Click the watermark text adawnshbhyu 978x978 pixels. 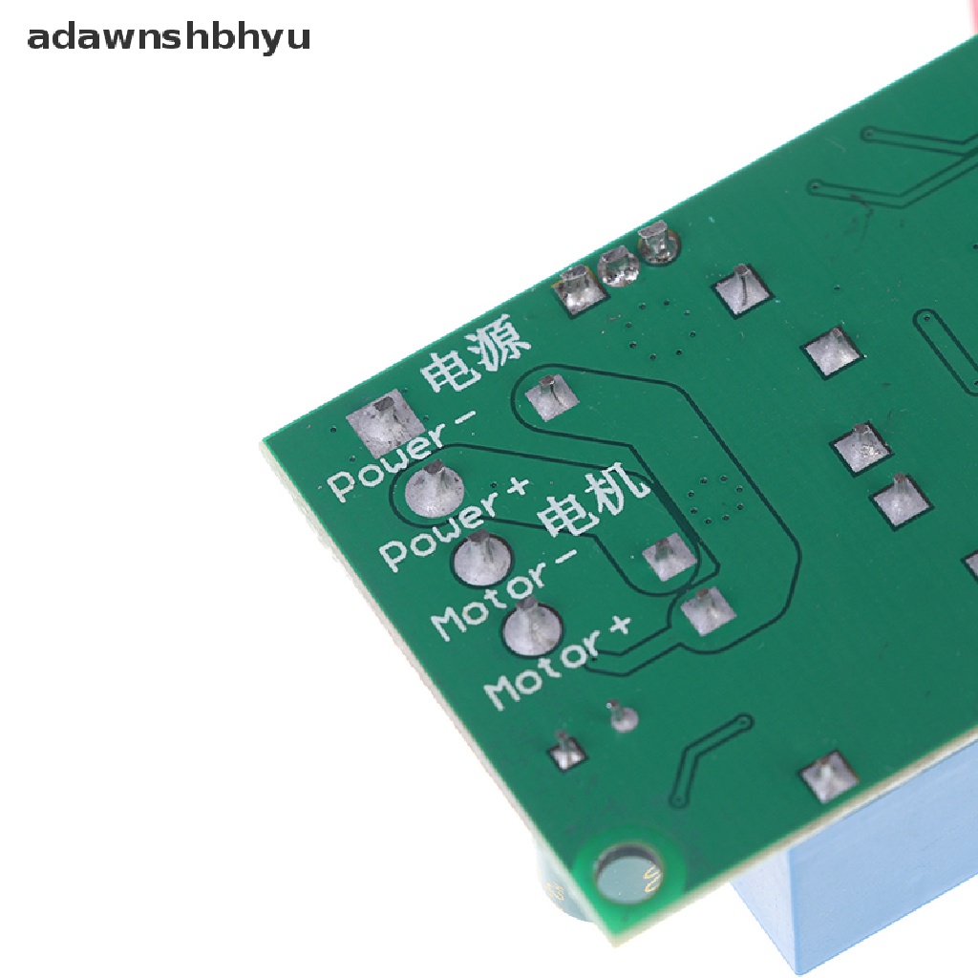pyautogui.click(x=168, y=37)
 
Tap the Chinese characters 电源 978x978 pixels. pyautogui.click(x=475, y=353)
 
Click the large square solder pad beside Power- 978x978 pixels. pyautogui.click(x=382, y=420)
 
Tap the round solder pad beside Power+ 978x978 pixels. pyautogui.click(x=435, y=490)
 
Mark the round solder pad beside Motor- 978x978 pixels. pyautogui.click(x=482, y=558)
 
